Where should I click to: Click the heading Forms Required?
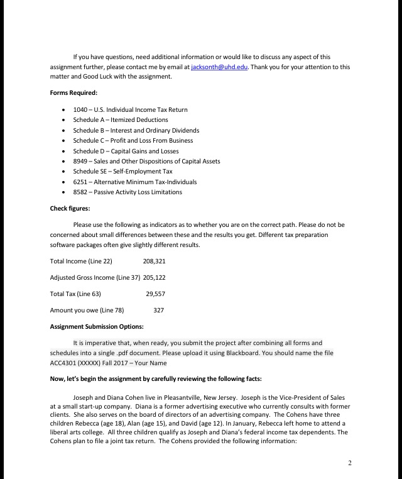pyautogui.click(x=73, y=93)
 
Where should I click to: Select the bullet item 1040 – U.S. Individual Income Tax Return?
pyautogui.click(x=130, y=109)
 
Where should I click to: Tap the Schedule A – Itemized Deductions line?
pyautogui.click(x=120, y=119)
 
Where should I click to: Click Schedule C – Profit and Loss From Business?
pyautogui.click(x=133, y=140)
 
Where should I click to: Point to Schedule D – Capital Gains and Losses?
pyautogui.click(x=126, y=151)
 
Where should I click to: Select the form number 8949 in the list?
pyautogui.click(x=80, y=161)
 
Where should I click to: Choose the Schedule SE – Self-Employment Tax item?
pyautogui.click(x=122, y=171)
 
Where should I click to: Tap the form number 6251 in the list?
pyautogui.click(x=80, y=182)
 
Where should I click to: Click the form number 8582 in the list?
pyautogui.click(x=80, y=192)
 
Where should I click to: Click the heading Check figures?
pyautogui.click(x=70, y=208)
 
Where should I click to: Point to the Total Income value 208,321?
pyautogui.click(x=155, y=261)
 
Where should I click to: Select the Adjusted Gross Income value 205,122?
pyautogui.click(x=155, y=277)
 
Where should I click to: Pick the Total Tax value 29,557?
pyautogui.click(x=156, y=294)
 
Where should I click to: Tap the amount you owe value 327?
pyautogui.click(x=158, y=310)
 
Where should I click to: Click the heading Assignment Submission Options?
pyautogui.click(x=97, y=326)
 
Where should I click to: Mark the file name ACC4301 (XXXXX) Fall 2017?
pyautogui.click(x=94, y=363)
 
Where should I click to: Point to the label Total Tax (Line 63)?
pyautogui.click(x=75, y=294)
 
